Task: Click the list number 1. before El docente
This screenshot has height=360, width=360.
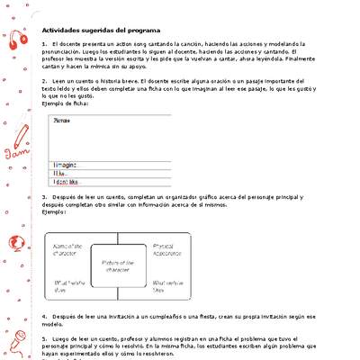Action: click(x=45, y=43)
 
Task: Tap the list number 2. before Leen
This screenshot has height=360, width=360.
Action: click(x=45, y=81)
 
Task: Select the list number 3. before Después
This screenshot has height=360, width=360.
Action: click(x=45, y=197)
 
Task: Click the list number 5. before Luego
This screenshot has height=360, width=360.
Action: click(x=45, y=335)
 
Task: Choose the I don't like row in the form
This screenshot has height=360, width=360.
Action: click(x=68, y=181)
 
